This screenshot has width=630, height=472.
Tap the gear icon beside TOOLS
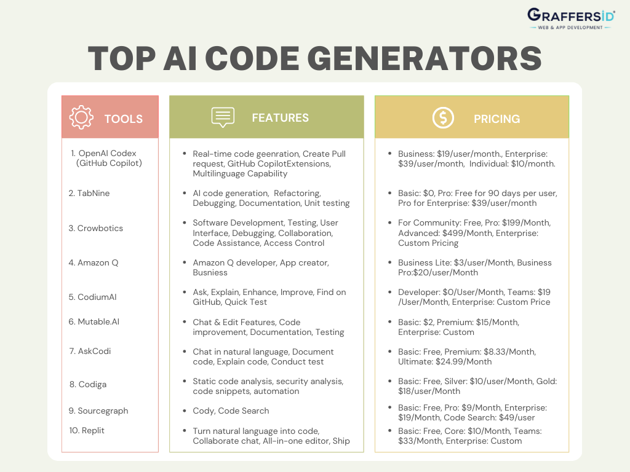[81, 117]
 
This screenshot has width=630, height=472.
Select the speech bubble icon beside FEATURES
[223, 117]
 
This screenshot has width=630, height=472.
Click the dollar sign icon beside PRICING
[443, 117]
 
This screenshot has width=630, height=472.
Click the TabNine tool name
[94, 193]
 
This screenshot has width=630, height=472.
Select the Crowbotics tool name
[100, 228]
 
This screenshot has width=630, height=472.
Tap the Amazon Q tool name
[98, 262]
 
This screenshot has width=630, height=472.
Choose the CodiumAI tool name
[97, 297]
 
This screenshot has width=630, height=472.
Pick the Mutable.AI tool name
[99, 321]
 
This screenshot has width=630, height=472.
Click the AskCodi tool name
[94, 351]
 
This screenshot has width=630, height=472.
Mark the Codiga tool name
[92, 384]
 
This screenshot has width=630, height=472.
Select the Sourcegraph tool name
[103, 411]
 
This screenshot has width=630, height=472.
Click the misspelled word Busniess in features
[210, 272]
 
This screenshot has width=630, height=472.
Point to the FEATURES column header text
[280, 117]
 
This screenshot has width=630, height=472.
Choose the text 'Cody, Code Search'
[231, 411]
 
